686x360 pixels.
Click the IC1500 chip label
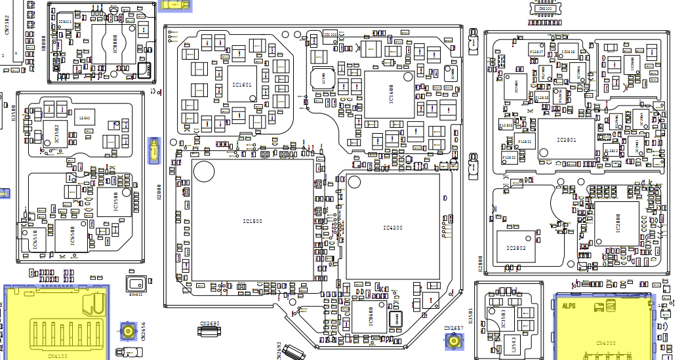click(x=252, y=222)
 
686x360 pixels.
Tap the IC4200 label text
click(x=392, y=228)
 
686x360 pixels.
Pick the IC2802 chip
click(x=516, y=247)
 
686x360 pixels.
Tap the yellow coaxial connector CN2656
click(x=128, y=332)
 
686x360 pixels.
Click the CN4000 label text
click(x=606, y=343)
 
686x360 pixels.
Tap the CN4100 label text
click(x=58, y=355)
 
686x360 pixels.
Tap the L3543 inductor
click(x=515, y=344)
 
